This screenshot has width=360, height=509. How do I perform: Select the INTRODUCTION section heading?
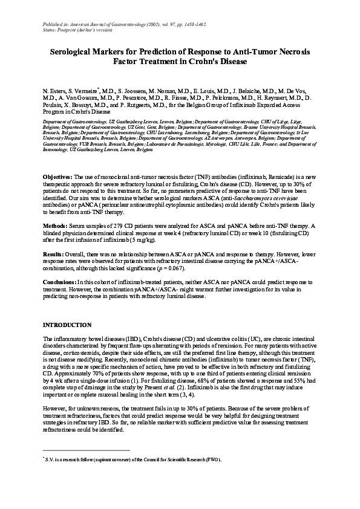tap(67, 325)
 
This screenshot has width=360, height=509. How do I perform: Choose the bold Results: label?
tap(54, 256)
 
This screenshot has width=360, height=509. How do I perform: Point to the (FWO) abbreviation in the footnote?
tap(212, 460)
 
